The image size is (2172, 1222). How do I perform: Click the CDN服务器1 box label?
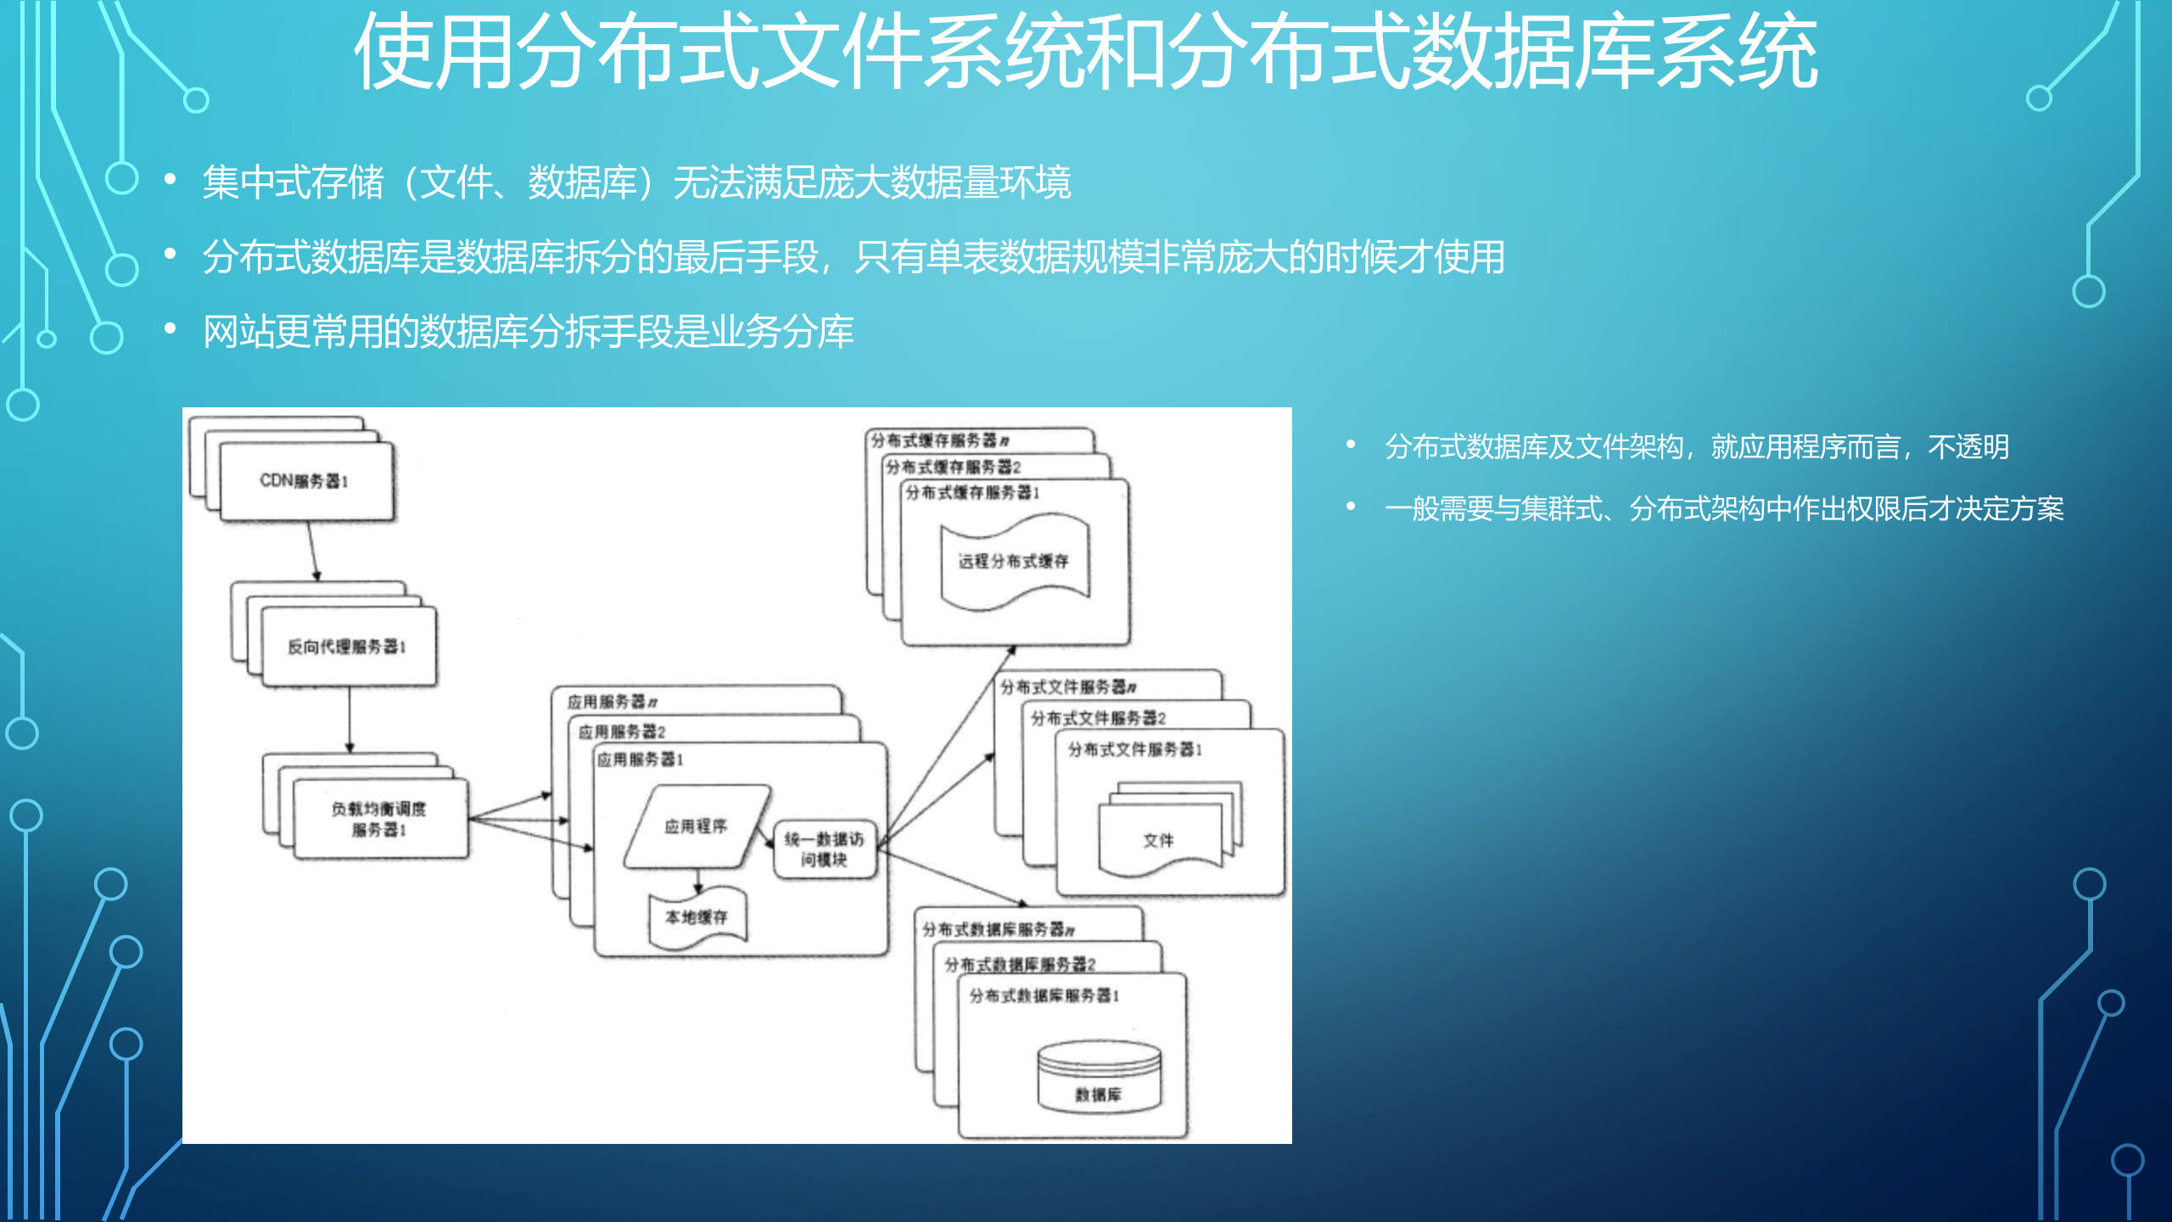304,481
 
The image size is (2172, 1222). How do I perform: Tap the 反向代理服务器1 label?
346,647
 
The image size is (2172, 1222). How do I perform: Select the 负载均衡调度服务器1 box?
379,819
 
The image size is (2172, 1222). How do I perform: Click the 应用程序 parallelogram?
696,827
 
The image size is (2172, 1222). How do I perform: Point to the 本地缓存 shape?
697,917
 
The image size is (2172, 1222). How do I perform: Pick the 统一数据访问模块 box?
824,849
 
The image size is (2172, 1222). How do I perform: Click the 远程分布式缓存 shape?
1014,561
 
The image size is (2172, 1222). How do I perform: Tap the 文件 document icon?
1159,840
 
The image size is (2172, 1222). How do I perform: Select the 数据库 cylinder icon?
1099,1078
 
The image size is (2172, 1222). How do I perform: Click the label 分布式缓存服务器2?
953,467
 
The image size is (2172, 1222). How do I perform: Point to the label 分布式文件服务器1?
1134,749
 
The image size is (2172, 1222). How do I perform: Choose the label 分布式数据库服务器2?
1020,964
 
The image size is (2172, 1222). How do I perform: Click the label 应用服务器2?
622,732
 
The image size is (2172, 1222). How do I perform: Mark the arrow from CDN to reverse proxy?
313,551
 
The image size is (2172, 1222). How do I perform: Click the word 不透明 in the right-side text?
1968,447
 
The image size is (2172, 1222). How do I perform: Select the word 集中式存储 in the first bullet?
294,182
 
